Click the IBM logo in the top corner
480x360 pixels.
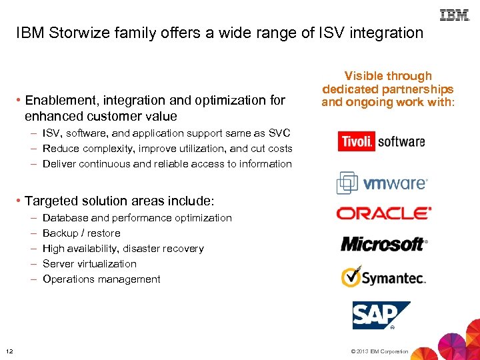pos(455,15)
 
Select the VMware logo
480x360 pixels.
pos(381,182)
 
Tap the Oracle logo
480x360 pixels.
pos(384,213)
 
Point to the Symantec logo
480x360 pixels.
pos(383,277)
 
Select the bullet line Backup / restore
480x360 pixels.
pos(81,233)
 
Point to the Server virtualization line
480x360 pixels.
pos(89,264)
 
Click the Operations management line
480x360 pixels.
pos(101,279)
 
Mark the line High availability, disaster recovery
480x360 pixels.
pos(123,249)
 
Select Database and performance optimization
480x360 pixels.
pos(137,218)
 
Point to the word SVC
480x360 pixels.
pos(279,133)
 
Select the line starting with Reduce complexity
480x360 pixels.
pos(167,149)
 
